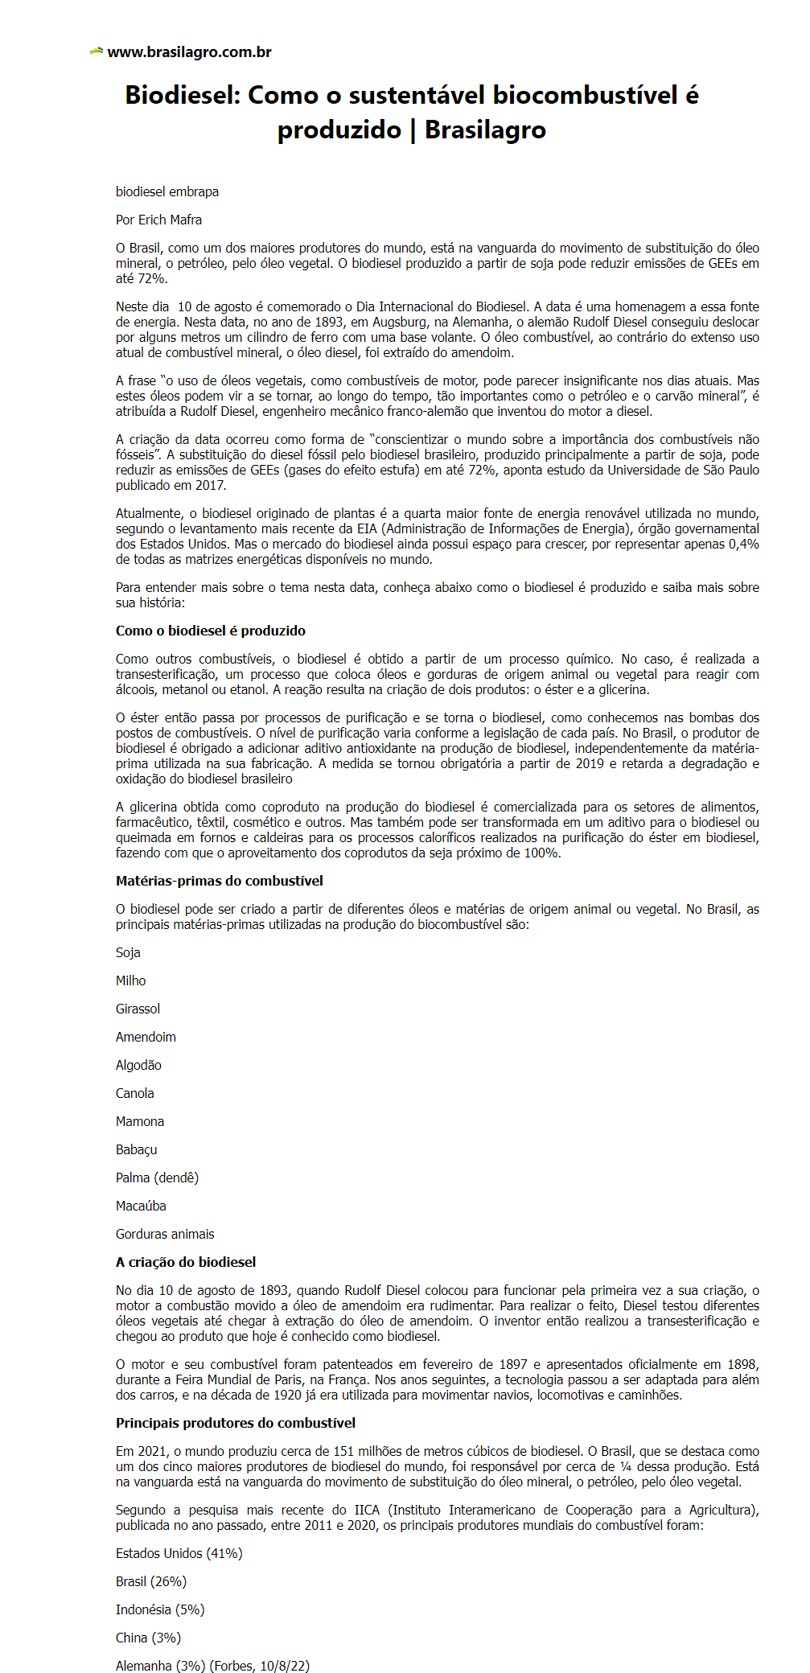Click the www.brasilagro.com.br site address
189,52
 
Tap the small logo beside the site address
97,51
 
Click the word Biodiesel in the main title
182,96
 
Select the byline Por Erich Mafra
158,220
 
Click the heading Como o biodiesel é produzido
210,631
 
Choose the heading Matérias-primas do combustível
219,881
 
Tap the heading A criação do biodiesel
185,1262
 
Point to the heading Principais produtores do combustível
235,1423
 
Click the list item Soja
128,952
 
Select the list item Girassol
138,1009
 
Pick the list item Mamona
139,1121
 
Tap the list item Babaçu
136,1149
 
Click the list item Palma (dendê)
157,1178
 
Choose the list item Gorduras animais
165,1234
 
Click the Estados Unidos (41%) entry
179,1553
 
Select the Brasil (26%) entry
150,1581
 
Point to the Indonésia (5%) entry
160,1609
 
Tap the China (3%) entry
148,1638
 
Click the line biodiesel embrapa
167,191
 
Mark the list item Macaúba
141,1206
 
